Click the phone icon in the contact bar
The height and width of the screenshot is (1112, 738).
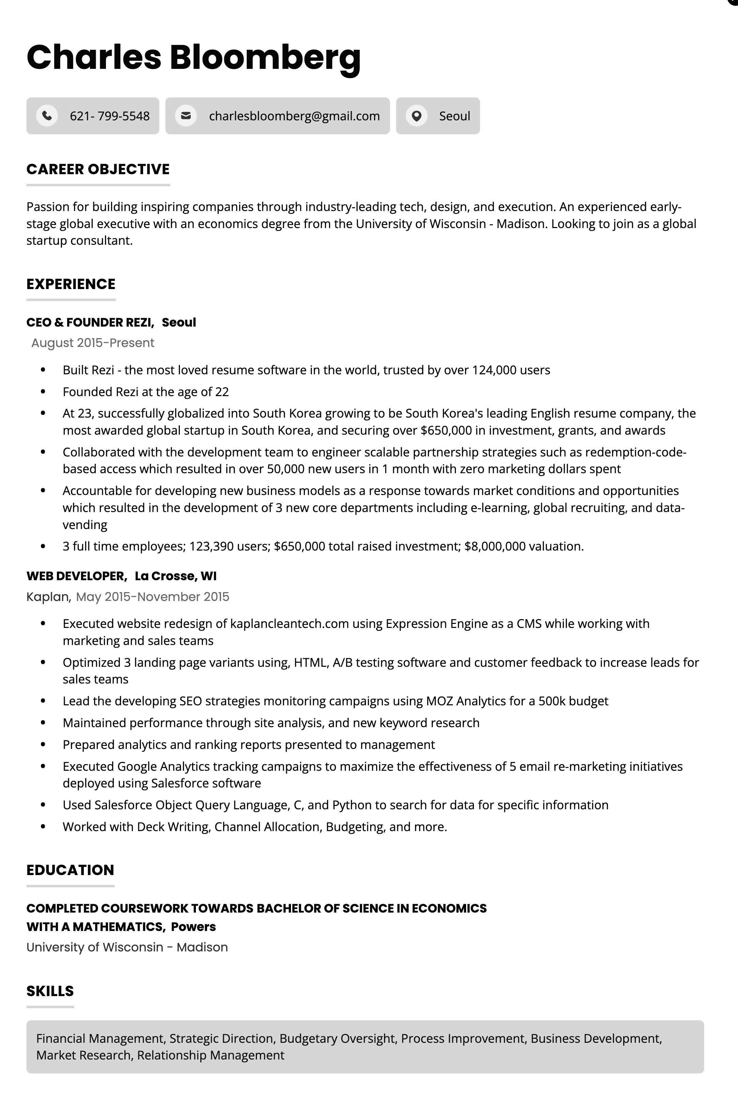click(x=47, y=116)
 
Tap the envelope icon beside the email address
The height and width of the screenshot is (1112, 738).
click(x=186, y=116)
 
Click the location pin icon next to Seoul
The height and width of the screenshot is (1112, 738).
click(x=417, y=116)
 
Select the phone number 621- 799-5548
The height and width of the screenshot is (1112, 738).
click(x=110, y=116)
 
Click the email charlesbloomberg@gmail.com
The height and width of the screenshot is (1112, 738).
click(x=294, y=116)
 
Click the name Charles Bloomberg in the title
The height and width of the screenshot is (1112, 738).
click(x=194, y=57)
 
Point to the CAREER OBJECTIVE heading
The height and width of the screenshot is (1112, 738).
click(x=98, y=169)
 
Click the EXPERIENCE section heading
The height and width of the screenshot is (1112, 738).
click(x=71, y=284)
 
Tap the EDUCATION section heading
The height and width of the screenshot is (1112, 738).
click(x=70, y=870)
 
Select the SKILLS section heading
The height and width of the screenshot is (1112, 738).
click(x=50, y=991)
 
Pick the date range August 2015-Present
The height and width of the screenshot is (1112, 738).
click(x=93, y=343)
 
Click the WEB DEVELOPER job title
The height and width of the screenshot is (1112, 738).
click(x=76, y=576)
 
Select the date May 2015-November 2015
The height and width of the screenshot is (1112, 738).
click(x=153, y=597)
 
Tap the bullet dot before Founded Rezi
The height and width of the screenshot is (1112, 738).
click(x=43, y=392)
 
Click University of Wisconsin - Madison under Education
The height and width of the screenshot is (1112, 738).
click(x=127, y=947)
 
